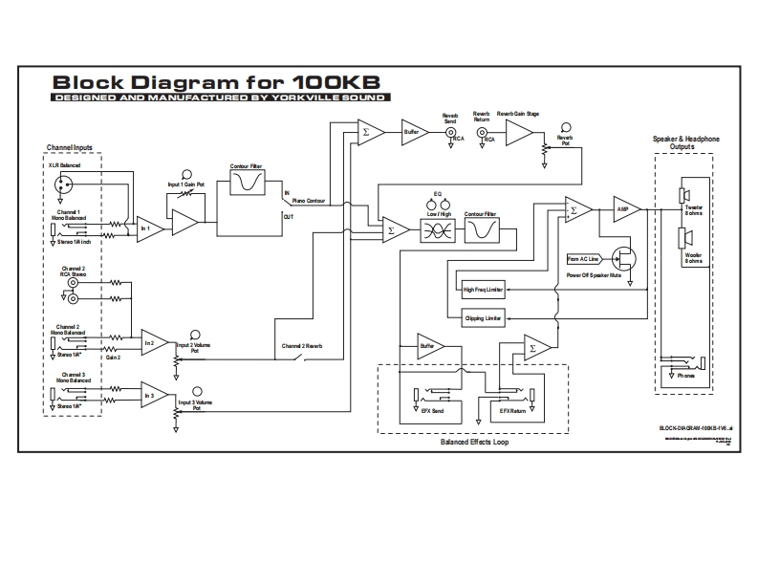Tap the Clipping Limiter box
[482, 317]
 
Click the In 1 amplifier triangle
[149, 228]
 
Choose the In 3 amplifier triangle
[154, 395]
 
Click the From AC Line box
[582, 259]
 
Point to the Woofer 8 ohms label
[693, 257]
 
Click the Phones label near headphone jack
[685, 376]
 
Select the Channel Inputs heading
[71, 147]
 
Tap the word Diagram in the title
[182, 81]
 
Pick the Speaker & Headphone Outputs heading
[685, 142]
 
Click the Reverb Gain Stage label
[518, 114]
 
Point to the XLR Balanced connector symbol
[64, 186]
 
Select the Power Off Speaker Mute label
[596, 275]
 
